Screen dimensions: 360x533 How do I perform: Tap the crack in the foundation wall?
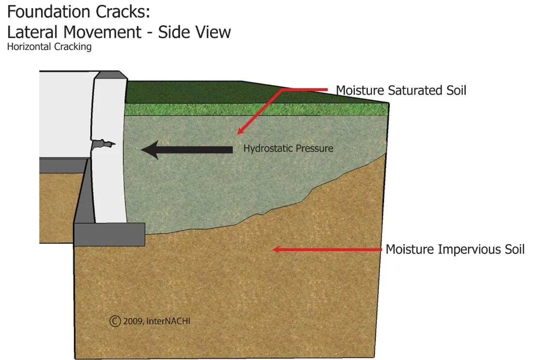point(103,143)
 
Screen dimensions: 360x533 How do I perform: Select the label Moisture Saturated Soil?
point(401,90)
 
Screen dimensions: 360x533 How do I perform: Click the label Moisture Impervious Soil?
point(455,250)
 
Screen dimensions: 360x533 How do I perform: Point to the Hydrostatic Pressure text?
point(288,148)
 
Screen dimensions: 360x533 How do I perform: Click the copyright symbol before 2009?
point(115,321)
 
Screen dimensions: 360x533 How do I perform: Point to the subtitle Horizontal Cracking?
point(49,47)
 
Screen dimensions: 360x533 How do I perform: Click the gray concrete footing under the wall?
point(109,234)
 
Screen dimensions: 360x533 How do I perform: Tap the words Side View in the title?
point(194,32)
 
